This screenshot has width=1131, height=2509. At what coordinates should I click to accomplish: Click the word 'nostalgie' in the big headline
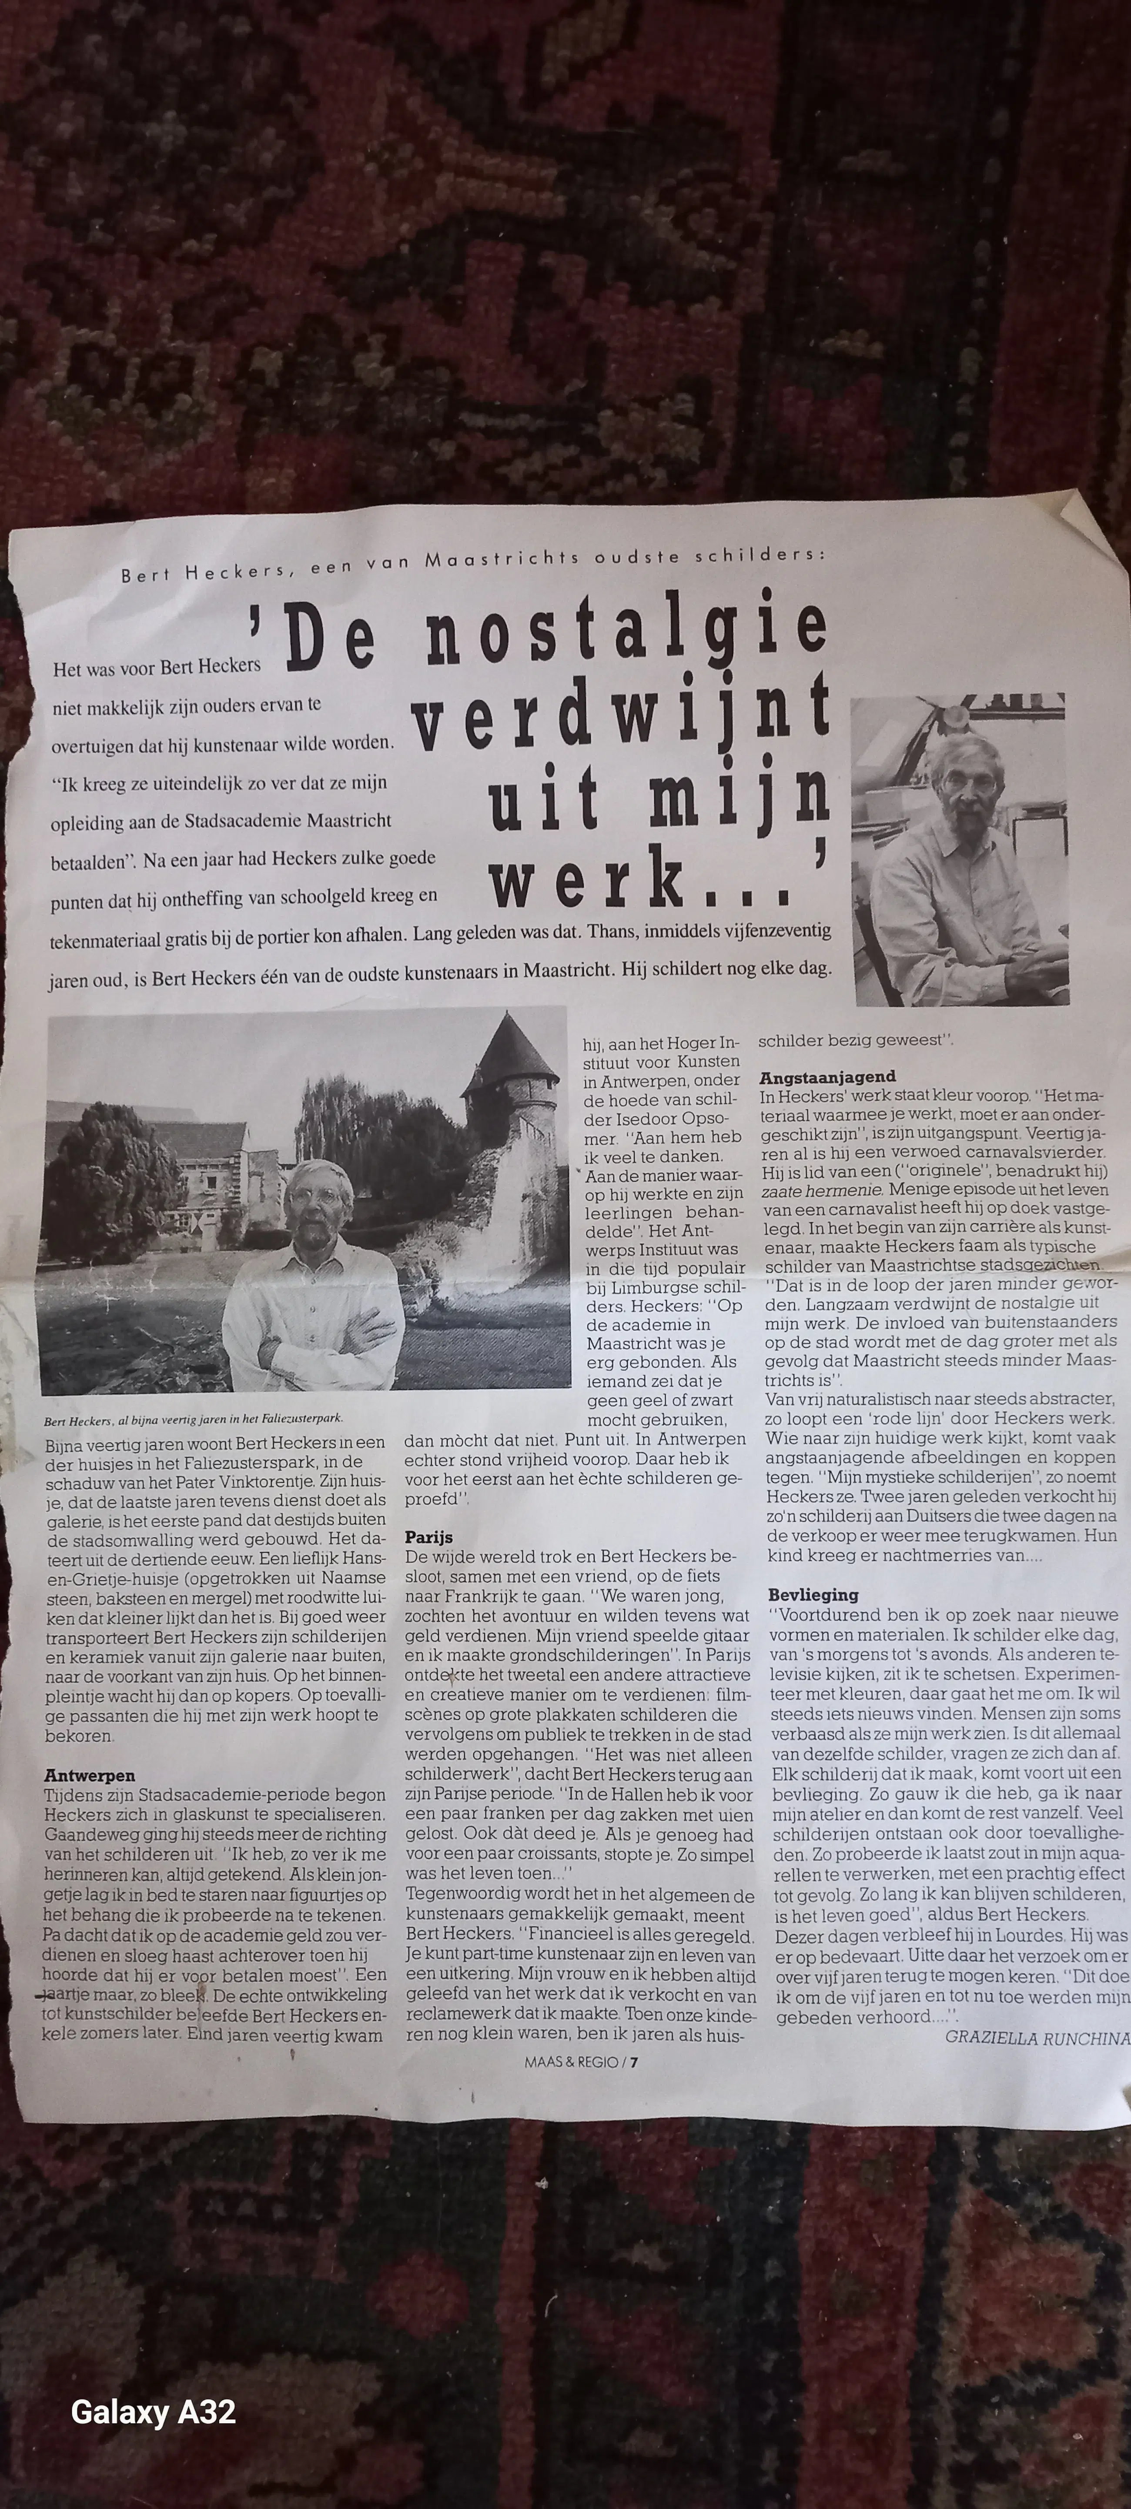click(626, 633)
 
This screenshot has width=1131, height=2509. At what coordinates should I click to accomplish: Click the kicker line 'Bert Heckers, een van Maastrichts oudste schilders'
click(472, 565)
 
